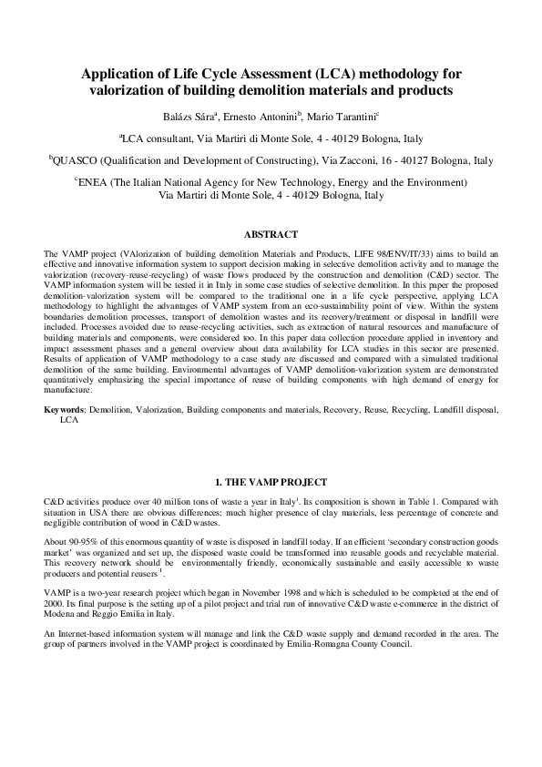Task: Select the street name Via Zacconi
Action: coord(342,160)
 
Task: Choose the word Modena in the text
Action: coord(60,611)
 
